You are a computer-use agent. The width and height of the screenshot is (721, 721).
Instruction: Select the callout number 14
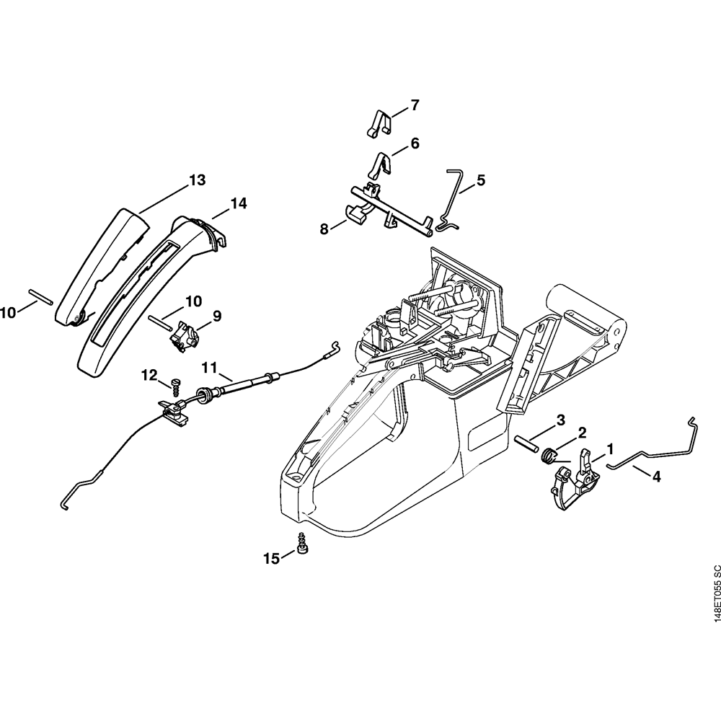click(x=239, y=204)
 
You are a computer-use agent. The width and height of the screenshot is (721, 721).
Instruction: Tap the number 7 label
click(x=415, y=105)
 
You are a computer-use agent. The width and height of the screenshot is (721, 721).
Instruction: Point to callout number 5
click(x=480, y=180)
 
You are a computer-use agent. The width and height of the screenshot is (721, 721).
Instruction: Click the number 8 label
click(x=324, y=229)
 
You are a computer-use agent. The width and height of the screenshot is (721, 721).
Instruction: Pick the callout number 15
click(x=271, y=558)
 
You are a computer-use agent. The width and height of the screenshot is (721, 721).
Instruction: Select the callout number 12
click(x=149, y=374)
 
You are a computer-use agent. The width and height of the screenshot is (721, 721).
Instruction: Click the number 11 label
click(x=209, y=368)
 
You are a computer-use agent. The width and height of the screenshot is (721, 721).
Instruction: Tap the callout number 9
click(x=216, y=316)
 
